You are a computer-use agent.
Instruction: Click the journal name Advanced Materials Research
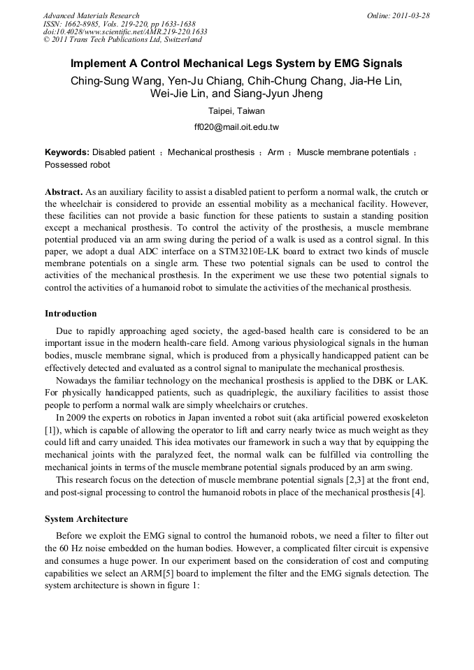pyautogui.click(x=91, y=15)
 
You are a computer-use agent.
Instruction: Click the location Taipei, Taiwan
pyautogui.click(x=236, y=111)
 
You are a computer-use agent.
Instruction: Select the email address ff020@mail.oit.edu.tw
pyautogui.click(x=236, y=127)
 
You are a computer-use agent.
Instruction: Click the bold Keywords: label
pyautogui.click(x=67, y=152)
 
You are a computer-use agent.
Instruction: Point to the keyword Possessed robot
pyautogui.click(x=77, y=166)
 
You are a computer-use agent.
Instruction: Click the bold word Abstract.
pyautogui.click(x=64, y=191)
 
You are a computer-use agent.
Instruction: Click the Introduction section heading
pyautogui.click(x=71, y=313)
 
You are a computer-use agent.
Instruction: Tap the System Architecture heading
pyautogui.click(x=86, y=519)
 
